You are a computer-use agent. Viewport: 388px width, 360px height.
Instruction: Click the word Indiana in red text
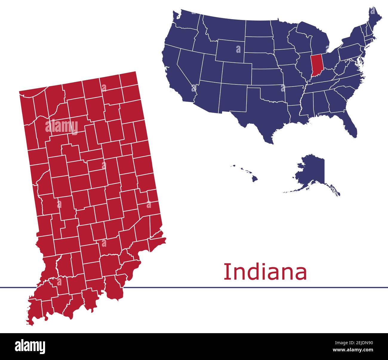pyautogui.click(x=265, y=272)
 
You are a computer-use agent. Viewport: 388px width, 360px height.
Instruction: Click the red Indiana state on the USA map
pyautogui.click(x=315, y=66)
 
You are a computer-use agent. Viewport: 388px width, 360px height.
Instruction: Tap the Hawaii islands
pyautogui.click(x=254, y=178)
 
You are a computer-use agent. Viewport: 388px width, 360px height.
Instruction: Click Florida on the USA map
pyautogui.click(x=351, y=125)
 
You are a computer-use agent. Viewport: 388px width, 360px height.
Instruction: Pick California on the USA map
pyautogui.click(x=175, y=72)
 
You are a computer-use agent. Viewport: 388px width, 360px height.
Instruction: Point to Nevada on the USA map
pyautogui.click(x=190, y=64)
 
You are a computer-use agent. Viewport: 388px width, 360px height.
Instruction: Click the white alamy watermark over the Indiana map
pyautogui.click(x=61, y=126)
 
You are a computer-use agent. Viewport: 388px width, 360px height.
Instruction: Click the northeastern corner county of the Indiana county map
pyautogui.click(x=129, y=79)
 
